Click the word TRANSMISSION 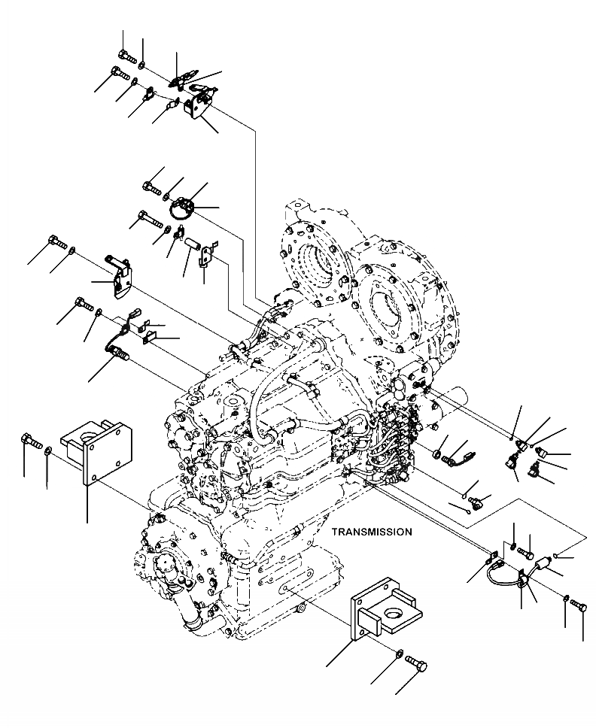point(372,532)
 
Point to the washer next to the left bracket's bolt point(48,450)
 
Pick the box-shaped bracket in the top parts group point(200,104)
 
